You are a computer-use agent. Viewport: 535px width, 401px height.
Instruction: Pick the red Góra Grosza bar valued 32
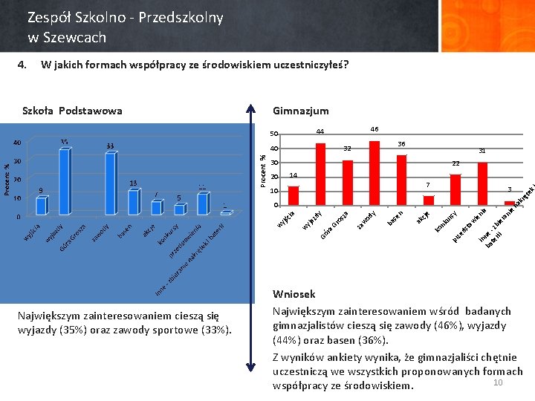click(x=348, y=183)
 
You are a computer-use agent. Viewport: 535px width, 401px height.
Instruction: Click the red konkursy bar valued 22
click(x=455, y=189)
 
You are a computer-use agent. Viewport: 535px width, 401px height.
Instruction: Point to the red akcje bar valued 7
click(x=429, y=200)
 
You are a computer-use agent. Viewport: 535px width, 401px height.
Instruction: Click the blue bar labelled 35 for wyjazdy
click(x=65, y=182)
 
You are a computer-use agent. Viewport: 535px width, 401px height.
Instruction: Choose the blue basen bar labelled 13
click(x=134, y=202)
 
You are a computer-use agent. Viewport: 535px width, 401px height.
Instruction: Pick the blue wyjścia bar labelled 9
click(x=42, y=206)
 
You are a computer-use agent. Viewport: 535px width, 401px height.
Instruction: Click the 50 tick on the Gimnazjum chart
click(x=273, y=134)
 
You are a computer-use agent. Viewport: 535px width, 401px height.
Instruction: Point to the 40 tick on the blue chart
click(x=17, y=143)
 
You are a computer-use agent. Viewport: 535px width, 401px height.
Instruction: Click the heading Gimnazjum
click(x=301, y=111)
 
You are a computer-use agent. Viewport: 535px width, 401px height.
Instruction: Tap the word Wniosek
click(x=294, y=294)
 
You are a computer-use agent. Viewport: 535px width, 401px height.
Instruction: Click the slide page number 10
click(x=498, y=382)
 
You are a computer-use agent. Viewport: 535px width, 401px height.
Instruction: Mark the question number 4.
click(x=22, y=64)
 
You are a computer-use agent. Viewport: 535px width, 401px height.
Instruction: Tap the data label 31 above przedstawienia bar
click(x=482, y=151)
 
